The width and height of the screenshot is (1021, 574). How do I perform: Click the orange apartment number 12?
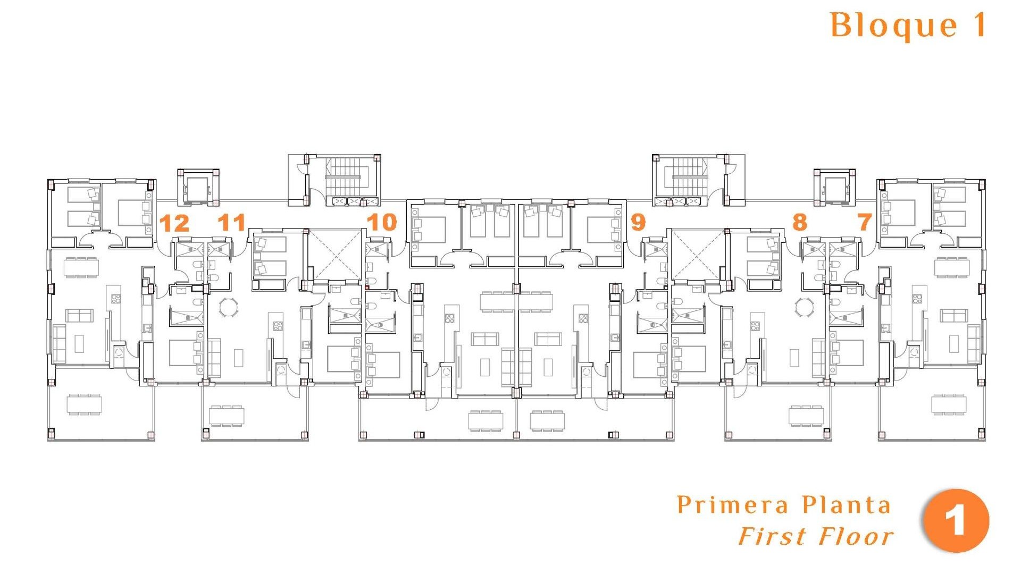coord(174,223)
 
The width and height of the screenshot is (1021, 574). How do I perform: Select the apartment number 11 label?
coord(231,222)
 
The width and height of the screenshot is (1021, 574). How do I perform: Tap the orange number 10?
coord(381,222)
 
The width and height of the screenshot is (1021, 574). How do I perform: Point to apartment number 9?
coord(638,222)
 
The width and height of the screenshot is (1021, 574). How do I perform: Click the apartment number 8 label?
coord(799,222)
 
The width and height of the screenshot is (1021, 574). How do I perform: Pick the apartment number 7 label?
coord(865,222)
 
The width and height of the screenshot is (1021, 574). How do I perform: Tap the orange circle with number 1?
coord(956,521)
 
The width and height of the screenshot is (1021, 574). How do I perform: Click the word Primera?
coord(733,505)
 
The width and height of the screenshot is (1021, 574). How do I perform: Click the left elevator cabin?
coord(197,188)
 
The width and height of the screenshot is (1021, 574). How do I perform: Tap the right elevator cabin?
coord(834,188)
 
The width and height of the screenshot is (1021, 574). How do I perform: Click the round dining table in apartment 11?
coord(229,307)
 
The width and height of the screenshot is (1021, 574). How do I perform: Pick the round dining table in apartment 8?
coord(804,307)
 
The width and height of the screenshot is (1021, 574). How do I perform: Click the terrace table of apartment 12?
coord(84,404)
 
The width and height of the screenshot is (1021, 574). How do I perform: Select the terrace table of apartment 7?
coord(949,404)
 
